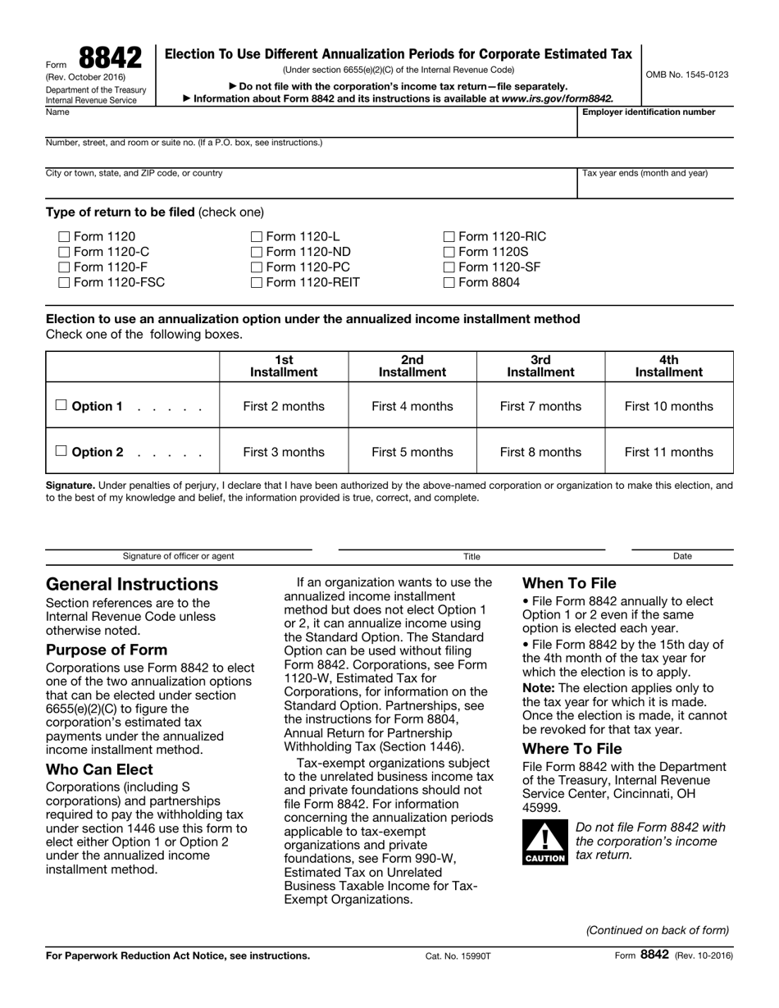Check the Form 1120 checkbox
(65, 237)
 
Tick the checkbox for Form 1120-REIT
(257, 283)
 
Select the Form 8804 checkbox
(449, 283)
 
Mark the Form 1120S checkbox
(449, 253)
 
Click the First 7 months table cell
(540, 406)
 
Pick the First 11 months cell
(668, 452)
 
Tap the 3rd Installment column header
(540, 366)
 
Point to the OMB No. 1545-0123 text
(687, 75)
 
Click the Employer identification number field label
(648, 112)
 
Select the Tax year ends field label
(645, 173)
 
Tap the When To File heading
(569, 583)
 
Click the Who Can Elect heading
(99, 769)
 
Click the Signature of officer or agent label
(178, 556)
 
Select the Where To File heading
(572, 749)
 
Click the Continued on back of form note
(657, 930)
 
